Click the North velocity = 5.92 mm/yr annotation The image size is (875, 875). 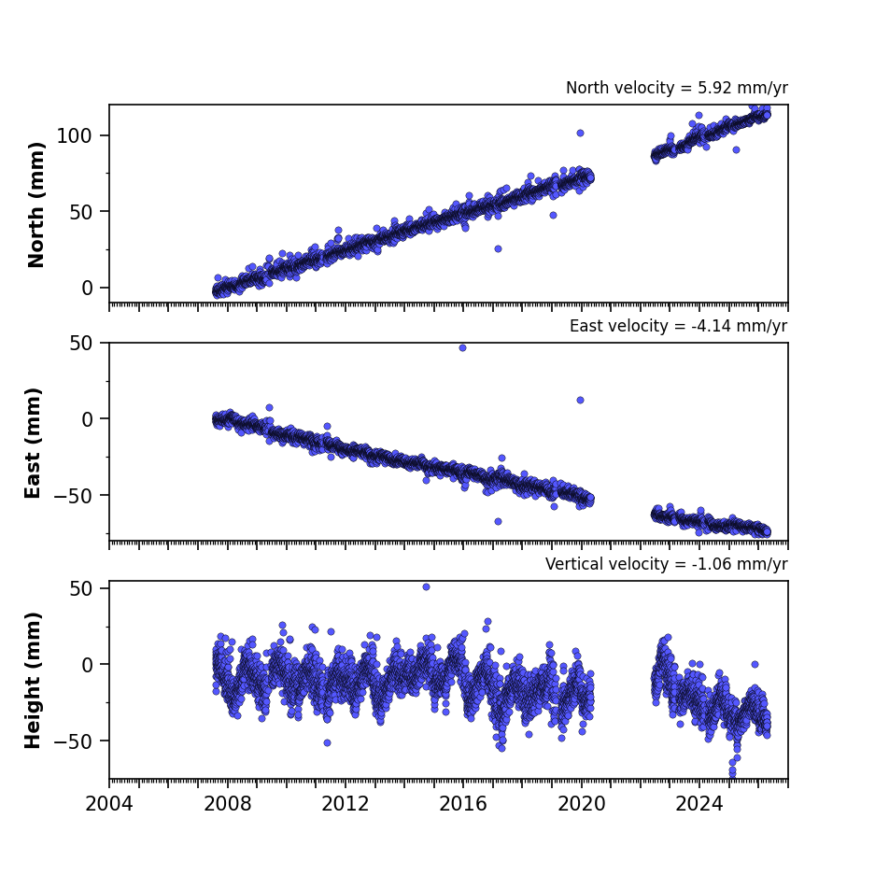click(x=677, y=88)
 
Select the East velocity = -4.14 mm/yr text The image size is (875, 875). click(x=679, y=326)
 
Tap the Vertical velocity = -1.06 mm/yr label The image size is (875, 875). click(x=667, y=564)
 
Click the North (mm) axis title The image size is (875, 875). click(x=35, y=205)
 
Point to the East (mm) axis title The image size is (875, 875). click(x=33, y=443)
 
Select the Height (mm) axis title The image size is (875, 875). click(x=33, y=680)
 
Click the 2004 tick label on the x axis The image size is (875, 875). click(x=109, y=804)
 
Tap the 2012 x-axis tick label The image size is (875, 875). click(x=346, y=804)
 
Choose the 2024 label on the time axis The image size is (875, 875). click(x=699, y=804)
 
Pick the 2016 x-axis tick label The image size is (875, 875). click(x=463, y=804)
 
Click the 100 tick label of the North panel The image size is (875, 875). click(x=74, y=135)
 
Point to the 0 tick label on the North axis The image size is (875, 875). click(x=87, y=288)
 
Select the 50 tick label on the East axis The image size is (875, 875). click(x=81, y=344)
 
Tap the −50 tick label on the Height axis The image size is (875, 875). click(x=73, y=741)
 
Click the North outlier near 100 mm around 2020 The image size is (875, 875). click(x=580, y=134)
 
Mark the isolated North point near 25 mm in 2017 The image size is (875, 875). click(x=498, y=249)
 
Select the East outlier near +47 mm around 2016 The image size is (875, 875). click(x=462, y=348)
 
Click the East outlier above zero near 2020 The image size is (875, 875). click(x=580, y=400)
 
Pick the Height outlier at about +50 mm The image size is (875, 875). click(x=427, y=587)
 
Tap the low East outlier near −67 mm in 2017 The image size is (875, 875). click(x=498, y=522)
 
